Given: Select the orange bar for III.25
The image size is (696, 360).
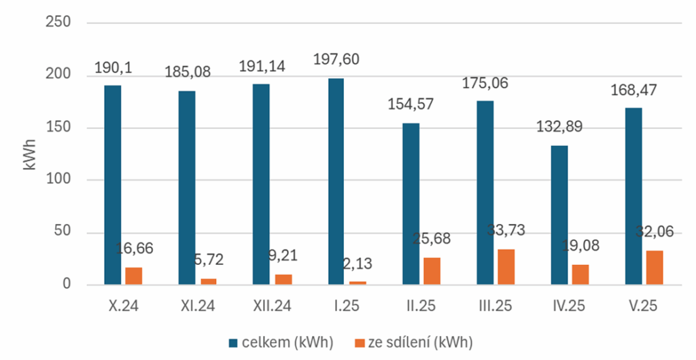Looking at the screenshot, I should pos(506,267).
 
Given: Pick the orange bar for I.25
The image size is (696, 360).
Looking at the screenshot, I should pos(357,283).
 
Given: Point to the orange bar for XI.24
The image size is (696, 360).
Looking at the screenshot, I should pos(208,281).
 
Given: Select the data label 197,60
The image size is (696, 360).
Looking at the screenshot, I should pos(336,60).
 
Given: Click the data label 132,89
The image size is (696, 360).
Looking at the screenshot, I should pos(559,127).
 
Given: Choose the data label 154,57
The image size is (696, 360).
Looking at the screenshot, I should pos(410,105).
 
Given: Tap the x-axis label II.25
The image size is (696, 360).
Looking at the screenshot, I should pos(420,307).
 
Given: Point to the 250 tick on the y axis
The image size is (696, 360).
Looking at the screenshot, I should pos(58,22).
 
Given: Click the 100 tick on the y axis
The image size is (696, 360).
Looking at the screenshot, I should pos(58,180).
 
